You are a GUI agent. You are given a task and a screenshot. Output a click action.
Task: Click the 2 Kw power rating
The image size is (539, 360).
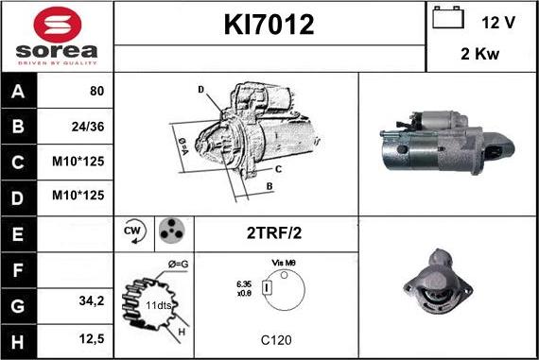481,55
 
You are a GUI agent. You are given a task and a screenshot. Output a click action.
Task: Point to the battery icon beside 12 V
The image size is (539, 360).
445,18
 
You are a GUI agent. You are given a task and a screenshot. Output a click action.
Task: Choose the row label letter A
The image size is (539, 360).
19,92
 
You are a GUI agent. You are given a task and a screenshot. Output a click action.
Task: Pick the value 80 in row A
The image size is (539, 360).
96,92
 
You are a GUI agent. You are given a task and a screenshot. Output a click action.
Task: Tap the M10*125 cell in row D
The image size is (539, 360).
82,196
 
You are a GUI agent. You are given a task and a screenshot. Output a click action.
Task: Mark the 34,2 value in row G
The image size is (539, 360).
92,300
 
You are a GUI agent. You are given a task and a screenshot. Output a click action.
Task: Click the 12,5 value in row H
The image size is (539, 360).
92,336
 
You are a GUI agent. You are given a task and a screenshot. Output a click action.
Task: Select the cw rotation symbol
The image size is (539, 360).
132,231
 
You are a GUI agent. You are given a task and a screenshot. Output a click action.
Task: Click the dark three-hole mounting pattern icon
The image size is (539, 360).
169,231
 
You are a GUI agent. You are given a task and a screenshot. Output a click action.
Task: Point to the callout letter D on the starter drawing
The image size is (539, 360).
200,91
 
